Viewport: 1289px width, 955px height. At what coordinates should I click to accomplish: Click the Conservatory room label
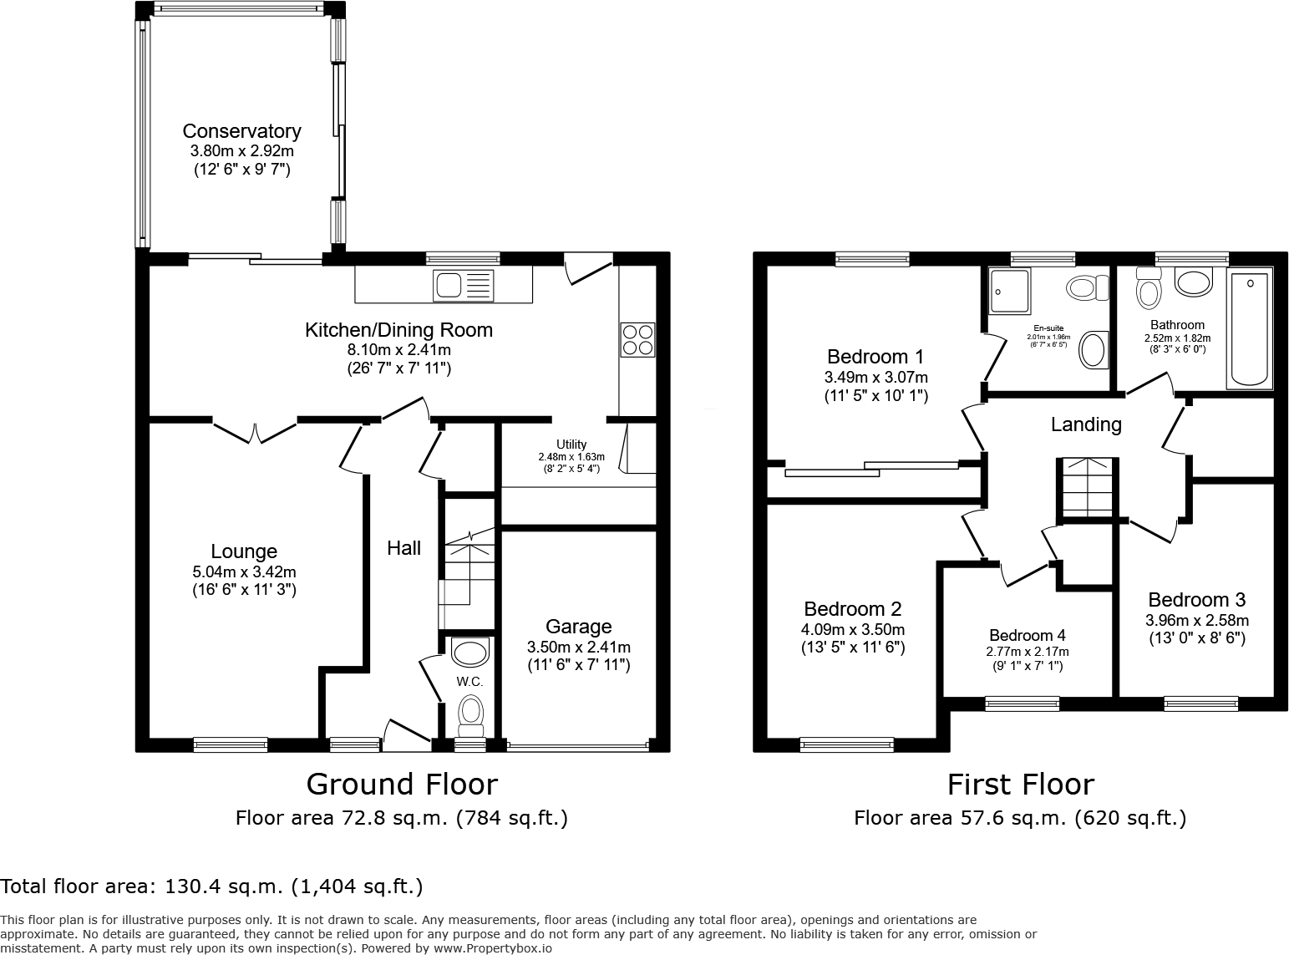241,131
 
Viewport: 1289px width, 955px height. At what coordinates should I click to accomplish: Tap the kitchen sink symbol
463,286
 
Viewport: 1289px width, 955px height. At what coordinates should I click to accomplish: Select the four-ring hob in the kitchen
637,339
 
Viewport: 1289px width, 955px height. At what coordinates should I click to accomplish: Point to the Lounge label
244,551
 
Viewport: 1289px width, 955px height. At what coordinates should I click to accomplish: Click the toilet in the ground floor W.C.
471,713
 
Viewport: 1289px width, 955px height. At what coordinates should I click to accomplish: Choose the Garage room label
578,627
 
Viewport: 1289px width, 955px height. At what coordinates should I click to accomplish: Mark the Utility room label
571,444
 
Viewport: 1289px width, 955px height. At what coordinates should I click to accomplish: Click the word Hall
403,548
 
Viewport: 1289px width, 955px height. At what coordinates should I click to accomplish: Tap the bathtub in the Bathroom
1249,328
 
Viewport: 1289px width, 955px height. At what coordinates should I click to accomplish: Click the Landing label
1086,424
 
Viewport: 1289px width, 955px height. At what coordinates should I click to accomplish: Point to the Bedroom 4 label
1027,636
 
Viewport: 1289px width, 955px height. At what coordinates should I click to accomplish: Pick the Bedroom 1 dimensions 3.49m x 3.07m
875,378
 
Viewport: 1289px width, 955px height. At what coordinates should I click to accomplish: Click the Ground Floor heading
402,785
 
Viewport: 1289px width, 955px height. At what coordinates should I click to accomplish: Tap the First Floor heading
1020,785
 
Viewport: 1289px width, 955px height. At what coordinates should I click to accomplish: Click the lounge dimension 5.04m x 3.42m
244,572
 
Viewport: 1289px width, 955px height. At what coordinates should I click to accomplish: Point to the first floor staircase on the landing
1086,489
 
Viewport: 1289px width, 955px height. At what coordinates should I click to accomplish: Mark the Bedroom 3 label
1196,600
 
